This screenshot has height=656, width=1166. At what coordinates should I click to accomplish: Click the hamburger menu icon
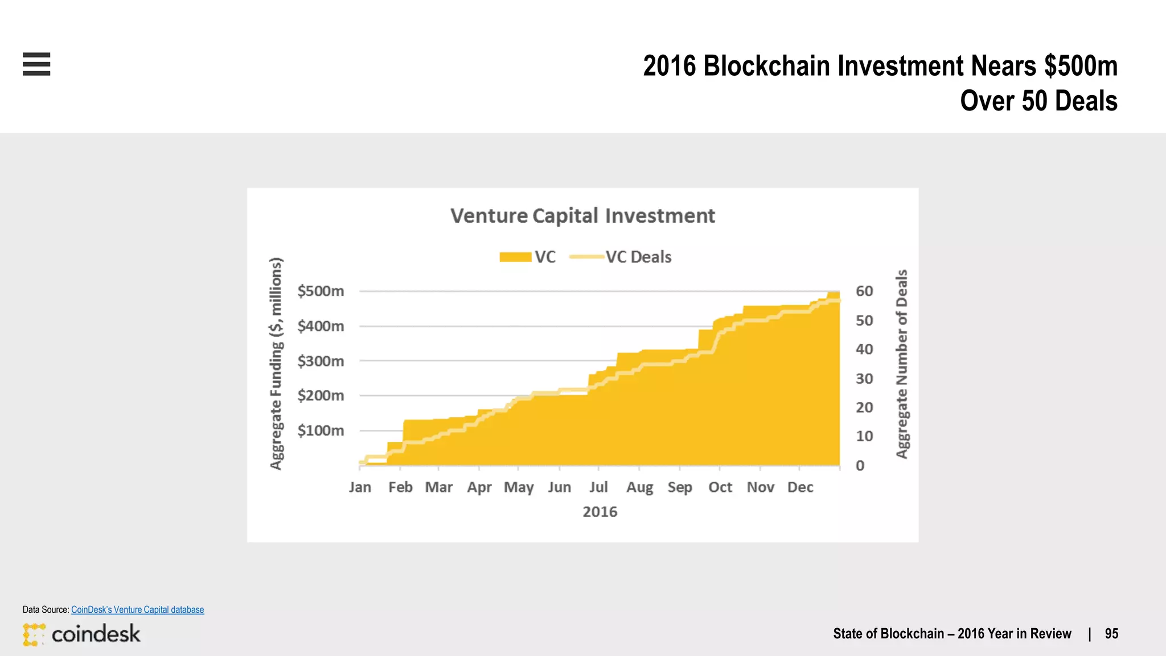(36, 64)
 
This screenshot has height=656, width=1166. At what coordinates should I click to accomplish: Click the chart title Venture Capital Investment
(582, 216)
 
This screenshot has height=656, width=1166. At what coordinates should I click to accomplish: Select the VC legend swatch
(515, 257)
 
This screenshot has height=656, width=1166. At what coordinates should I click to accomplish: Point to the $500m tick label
(321, 291)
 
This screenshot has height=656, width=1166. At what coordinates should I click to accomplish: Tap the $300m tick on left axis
(321, 361)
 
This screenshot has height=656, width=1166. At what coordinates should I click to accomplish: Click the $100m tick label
(321, 430)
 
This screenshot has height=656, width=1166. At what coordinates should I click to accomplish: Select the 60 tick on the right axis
(864, 291)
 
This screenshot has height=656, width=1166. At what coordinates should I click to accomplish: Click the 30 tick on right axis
(864, 379)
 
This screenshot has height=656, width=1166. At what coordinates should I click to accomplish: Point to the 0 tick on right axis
(860, 466)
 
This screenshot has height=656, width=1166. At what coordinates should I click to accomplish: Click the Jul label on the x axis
(598, 487)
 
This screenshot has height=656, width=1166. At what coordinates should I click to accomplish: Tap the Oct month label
(720, 487)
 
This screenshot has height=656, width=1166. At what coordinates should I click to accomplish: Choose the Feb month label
(400, 487)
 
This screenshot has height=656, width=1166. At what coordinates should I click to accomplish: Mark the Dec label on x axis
(800, 487)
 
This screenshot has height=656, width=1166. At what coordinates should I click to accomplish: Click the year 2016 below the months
(600, 512)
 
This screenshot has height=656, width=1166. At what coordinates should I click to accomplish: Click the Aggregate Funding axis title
(276, 363)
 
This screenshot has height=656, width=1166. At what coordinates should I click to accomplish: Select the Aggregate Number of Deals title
(902, 363)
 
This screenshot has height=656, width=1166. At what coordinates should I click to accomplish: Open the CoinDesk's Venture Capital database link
(137, 609)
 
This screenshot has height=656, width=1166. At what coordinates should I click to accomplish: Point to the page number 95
(1111, 634)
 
